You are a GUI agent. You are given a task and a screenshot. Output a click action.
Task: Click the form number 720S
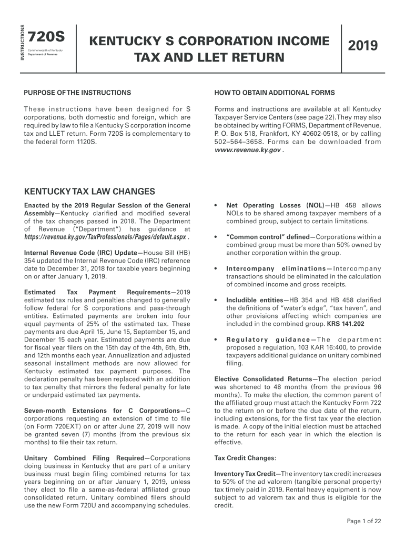46,37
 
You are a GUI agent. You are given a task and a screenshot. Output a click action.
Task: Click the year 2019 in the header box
363,46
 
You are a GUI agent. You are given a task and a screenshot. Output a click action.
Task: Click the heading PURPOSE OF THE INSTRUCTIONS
77,93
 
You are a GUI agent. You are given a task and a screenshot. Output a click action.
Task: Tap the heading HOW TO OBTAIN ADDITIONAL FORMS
275,93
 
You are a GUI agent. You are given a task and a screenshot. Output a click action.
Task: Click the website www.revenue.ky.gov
248,149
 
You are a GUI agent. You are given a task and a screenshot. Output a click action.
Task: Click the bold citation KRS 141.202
346,324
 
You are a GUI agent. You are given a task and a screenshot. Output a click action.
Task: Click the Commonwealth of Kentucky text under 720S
45,50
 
